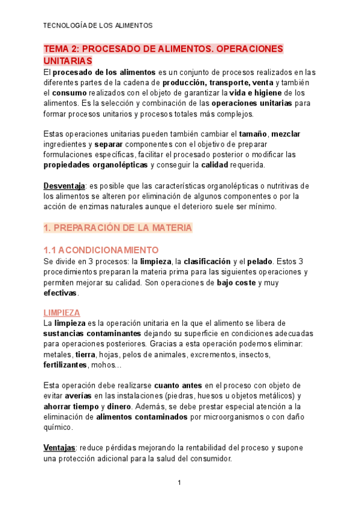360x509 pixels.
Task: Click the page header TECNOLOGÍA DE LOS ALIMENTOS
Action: (98, 25)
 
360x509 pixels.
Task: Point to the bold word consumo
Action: (69, 93)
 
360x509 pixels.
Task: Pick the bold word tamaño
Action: (253, 134)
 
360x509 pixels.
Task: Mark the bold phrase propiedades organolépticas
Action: (95, 165)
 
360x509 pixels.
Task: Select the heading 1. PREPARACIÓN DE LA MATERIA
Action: (118, 227)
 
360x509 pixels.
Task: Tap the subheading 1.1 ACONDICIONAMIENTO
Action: (101, 250)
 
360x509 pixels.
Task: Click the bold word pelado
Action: (260, 261)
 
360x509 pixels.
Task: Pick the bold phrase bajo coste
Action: (239, 282)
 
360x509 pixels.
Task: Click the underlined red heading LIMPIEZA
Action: (62, 313)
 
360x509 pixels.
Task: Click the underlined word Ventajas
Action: (59, 448)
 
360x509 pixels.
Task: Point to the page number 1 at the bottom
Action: (179, 483)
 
